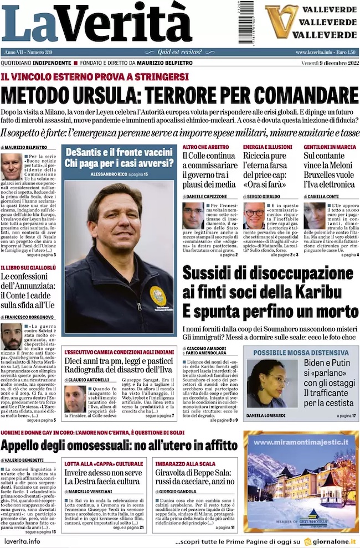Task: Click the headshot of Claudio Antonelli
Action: pyautogui.click(x=75, y=399)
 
